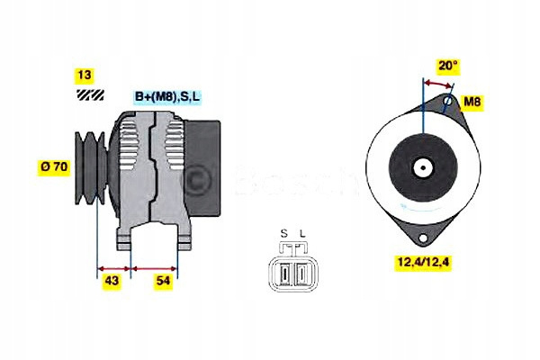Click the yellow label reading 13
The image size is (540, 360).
tap(84, 76)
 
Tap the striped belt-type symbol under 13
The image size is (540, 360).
tap(90, 94)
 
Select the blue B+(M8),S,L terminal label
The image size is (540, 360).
tap(167, 97)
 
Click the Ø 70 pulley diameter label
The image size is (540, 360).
tap(54, 167)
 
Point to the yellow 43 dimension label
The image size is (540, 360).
tap(112, 281)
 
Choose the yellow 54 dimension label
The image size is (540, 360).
tap(163, 281)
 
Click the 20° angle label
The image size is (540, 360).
tap(447, 66)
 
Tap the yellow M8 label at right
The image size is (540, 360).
tap(472, 102)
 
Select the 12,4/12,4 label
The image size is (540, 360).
tap(423, 262)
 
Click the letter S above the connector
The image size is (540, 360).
tap(283, 234)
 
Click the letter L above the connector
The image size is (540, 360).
tap(302, 234)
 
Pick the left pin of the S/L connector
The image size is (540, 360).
tap(284, 274)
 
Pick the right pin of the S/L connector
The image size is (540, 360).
tap(301, 274)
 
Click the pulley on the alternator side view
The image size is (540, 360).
tap(91, 167)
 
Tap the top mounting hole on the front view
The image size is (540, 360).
tap(447, 102)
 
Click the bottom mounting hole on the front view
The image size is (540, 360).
tap(422, 238)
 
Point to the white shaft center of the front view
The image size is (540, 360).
tap(423, 167)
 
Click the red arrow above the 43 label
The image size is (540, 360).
tap(113, 268)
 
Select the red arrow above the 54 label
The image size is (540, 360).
tap(154, 268)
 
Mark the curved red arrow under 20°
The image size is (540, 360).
tap(437, 83)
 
